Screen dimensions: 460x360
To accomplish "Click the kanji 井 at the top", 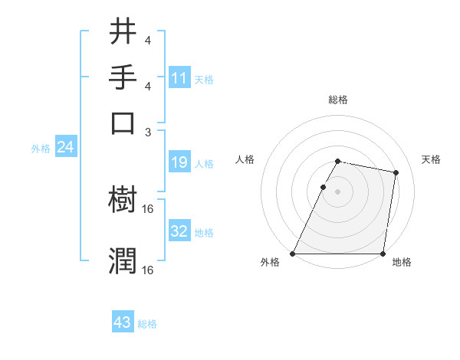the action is click(x=123, y=32).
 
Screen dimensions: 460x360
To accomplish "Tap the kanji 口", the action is click(x=123, y=123).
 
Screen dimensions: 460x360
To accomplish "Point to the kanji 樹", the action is click(x=123, y=200).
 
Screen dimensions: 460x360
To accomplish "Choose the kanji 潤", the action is click(x=123, y=260).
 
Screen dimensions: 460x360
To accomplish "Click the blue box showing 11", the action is click(x=179, y=77).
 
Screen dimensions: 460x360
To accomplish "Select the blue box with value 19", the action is click(x=179, y=162).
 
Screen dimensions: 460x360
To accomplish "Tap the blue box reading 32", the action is click(x=179, y=231).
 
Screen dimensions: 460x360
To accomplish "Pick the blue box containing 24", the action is click(x=65, y=148).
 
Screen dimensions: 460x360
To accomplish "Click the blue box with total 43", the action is click(x=123, y=322).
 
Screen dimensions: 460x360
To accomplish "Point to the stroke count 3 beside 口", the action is click(x=148, y=132).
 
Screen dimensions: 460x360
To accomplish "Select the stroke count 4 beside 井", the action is click(x=148, y=41).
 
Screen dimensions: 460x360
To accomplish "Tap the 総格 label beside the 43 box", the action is click(x=147, y=324).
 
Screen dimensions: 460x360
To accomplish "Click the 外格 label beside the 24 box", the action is click(x=41, y=149).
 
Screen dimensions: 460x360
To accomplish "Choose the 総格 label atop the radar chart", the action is click(x=337, y=100).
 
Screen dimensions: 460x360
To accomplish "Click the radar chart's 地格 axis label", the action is click(x=402, y=263).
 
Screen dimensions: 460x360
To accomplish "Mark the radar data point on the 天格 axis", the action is click(x=396, y=173).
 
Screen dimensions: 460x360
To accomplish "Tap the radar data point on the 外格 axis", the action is click(x=293, y=254).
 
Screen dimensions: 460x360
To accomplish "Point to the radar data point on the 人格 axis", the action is click(x=323, y=187).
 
